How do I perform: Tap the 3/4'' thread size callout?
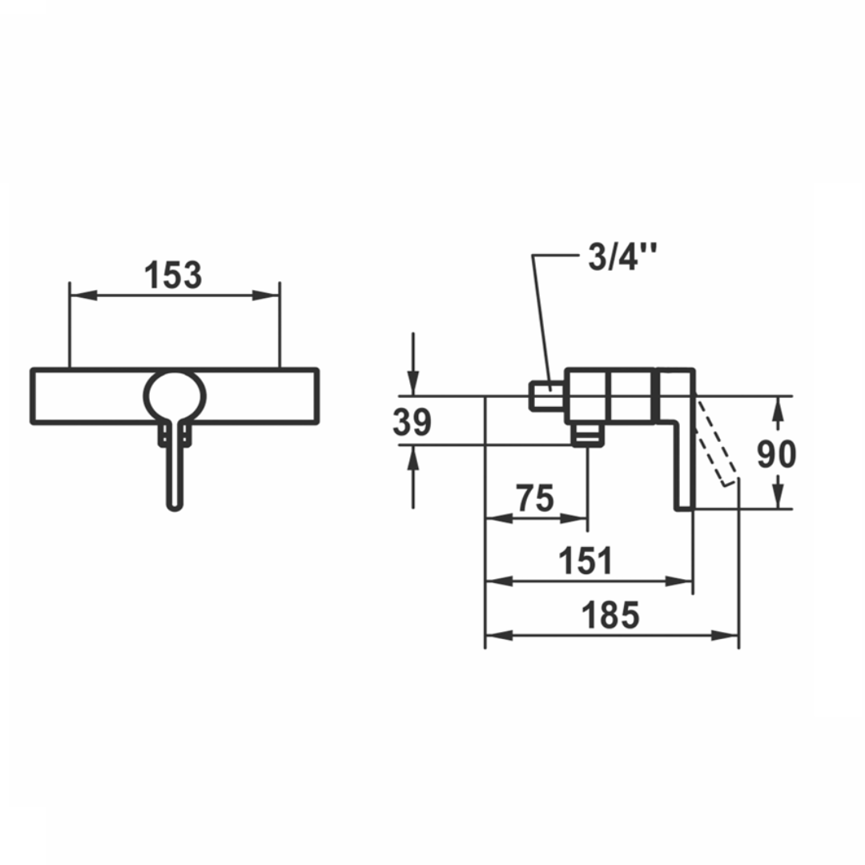pos(622,259)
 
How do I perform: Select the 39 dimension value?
pos(412,422)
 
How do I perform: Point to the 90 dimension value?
pos(776,454)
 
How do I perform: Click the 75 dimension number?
pos(535,499)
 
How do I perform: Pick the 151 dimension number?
pos(586,561)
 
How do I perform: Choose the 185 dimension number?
pos(610,616)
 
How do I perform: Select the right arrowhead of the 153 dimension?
pos(271,295)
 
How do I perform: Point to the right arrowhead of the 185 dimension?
pos(729,635)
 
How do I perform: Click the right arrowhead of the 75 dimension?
pos(580,518)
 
